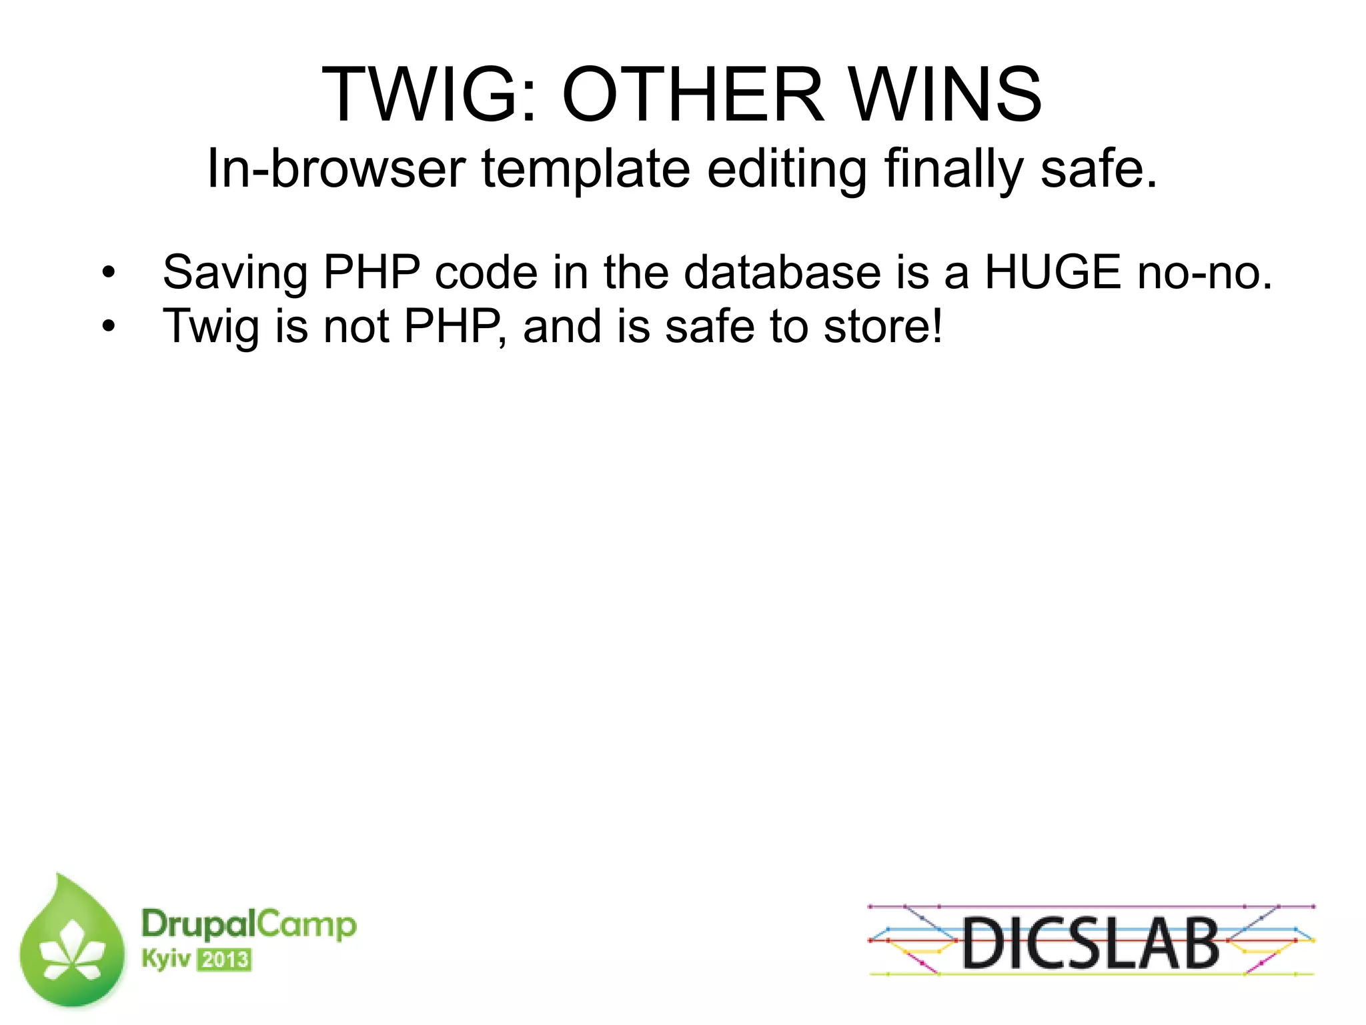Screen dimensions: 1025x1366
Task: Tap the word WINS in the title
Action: pos(946,95)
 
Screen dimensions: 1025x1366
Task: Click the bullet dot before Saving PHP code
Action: pos(109,273)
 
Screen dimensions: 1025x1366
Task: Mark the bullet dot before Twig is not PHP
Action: pos(109,327)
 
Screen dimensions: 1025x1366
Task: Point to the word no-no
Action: pos(1205,273)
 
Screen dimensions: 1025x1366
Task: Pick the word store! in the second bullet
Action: pos(883,327)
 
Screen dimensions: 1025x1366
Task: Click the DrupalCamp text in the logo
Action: pos(249,924)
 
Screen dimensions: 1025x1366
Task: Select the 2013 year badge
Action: pos(224,960)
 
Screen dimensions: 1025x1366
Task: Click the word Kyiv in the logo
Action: pos(166,960)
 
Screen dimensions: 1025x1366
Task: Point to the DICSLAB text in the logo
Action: pos(1091,942)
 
